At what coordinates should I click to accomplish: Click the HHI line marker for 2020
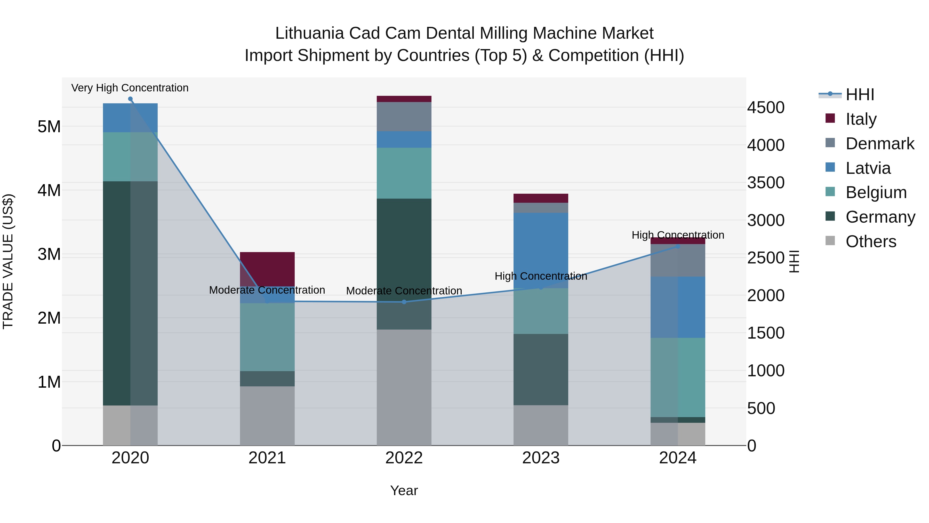[x=130, y=99]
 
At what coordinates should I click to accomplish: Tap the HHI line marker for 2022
[x=404, y=302]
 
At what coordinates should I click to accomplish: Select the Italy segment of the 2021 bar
[x=267, y=269]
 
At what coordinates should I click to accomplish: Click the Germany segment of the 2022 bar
[x=404, y=263]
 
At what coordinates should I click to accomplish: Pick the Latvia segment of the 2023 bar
[x=541, y=250]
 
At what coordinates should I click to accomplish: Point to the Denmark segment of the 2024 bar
[x=678, y=260]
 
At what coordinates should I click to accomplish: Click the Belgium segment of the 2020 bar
[x=130, y=157]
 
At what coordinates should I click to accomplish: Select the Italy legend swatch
[x=830, y=118]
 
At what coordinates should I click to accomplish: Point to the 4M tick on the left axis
[x=49, y=190]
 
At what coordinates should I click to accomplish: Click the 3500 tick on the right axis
[x=765, y=183]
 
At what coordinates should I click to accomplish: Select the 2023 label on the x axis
[x=541, y=458]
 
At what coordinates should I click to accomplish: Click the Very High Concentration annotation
[x=130, y=88]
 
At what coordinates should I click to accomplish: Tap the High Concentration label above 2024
[x=678, y=235]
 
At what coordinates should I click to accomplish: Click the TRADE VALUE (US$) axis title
[x=8, y=261]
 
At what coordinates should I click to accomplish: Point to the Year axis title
[x=404, y=490]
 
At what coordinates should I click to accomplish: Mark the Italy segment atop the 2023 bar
[x=541, y=198]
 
